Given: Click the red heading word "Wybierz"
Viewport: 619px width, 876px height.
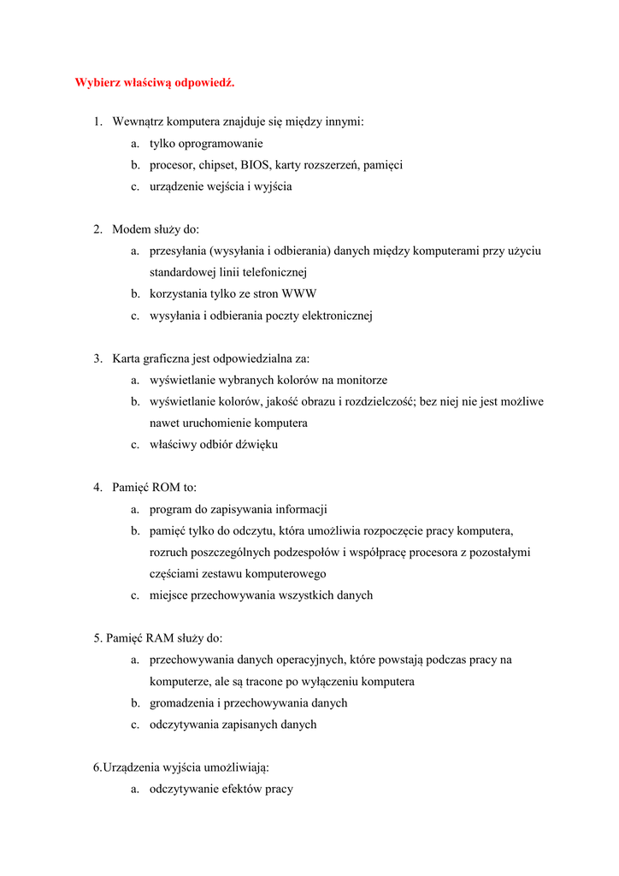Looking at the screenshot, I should coord(97,83).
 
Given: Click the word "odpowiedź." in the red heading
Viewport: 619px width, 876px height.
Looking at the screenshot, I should coord(204,83).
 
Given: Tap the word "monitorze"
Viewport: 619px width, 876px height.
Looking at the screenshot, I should coord(362,380).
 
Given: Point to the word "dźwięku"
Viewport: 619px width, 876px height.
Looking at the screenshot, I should coord(255,445).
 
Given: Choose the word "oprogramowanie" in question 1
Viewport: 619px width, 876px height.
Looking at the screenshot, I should coord(221,144).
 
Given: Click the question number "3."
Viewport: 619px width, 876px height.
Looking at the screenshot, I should coord(98,358).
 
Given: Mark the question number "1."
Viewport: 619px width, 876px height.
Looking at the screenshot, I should coord(98,122).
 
